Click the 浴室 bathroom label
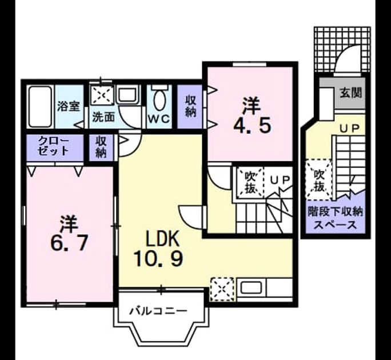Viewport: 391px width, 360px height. click(x=69, y=106)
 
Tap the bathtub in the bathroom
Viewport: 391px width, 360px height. click(x=40, y=106)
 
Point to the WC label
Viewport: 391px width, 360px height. click(x=159, y=119)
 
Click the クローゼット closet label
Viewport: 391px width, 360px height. click(x=54, y=146)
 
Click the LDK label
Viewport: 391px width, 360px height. click(x=162, y=238)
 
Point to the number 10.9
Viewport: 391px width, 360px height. click(x=158, y=258)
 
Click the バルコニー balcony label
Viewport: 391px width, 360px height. click(x=158, y=311)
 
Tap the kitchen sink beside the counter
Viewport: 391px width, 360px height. click(x=251, y=289)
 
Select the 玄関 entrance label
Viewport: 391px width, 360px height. click(x=351, y=93)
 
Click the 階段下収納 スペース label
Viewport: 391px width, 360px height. click(x=335, y=218)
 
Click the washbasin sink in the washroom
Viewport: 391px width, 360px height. click(x=127, y=95)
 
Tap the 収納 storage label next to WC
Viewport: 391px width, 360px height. click(x=190, y=106)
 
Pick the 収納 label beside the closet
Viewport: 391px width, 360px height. click(x=101, y=147)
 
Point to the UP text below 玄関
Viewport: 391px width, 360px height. click(x=349, y=128)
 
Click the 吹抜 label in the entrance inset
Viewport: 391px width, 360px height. click(x=319, y=180)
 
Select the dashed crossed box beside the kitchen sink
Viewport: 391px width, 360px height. click(x=222, y=289)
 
